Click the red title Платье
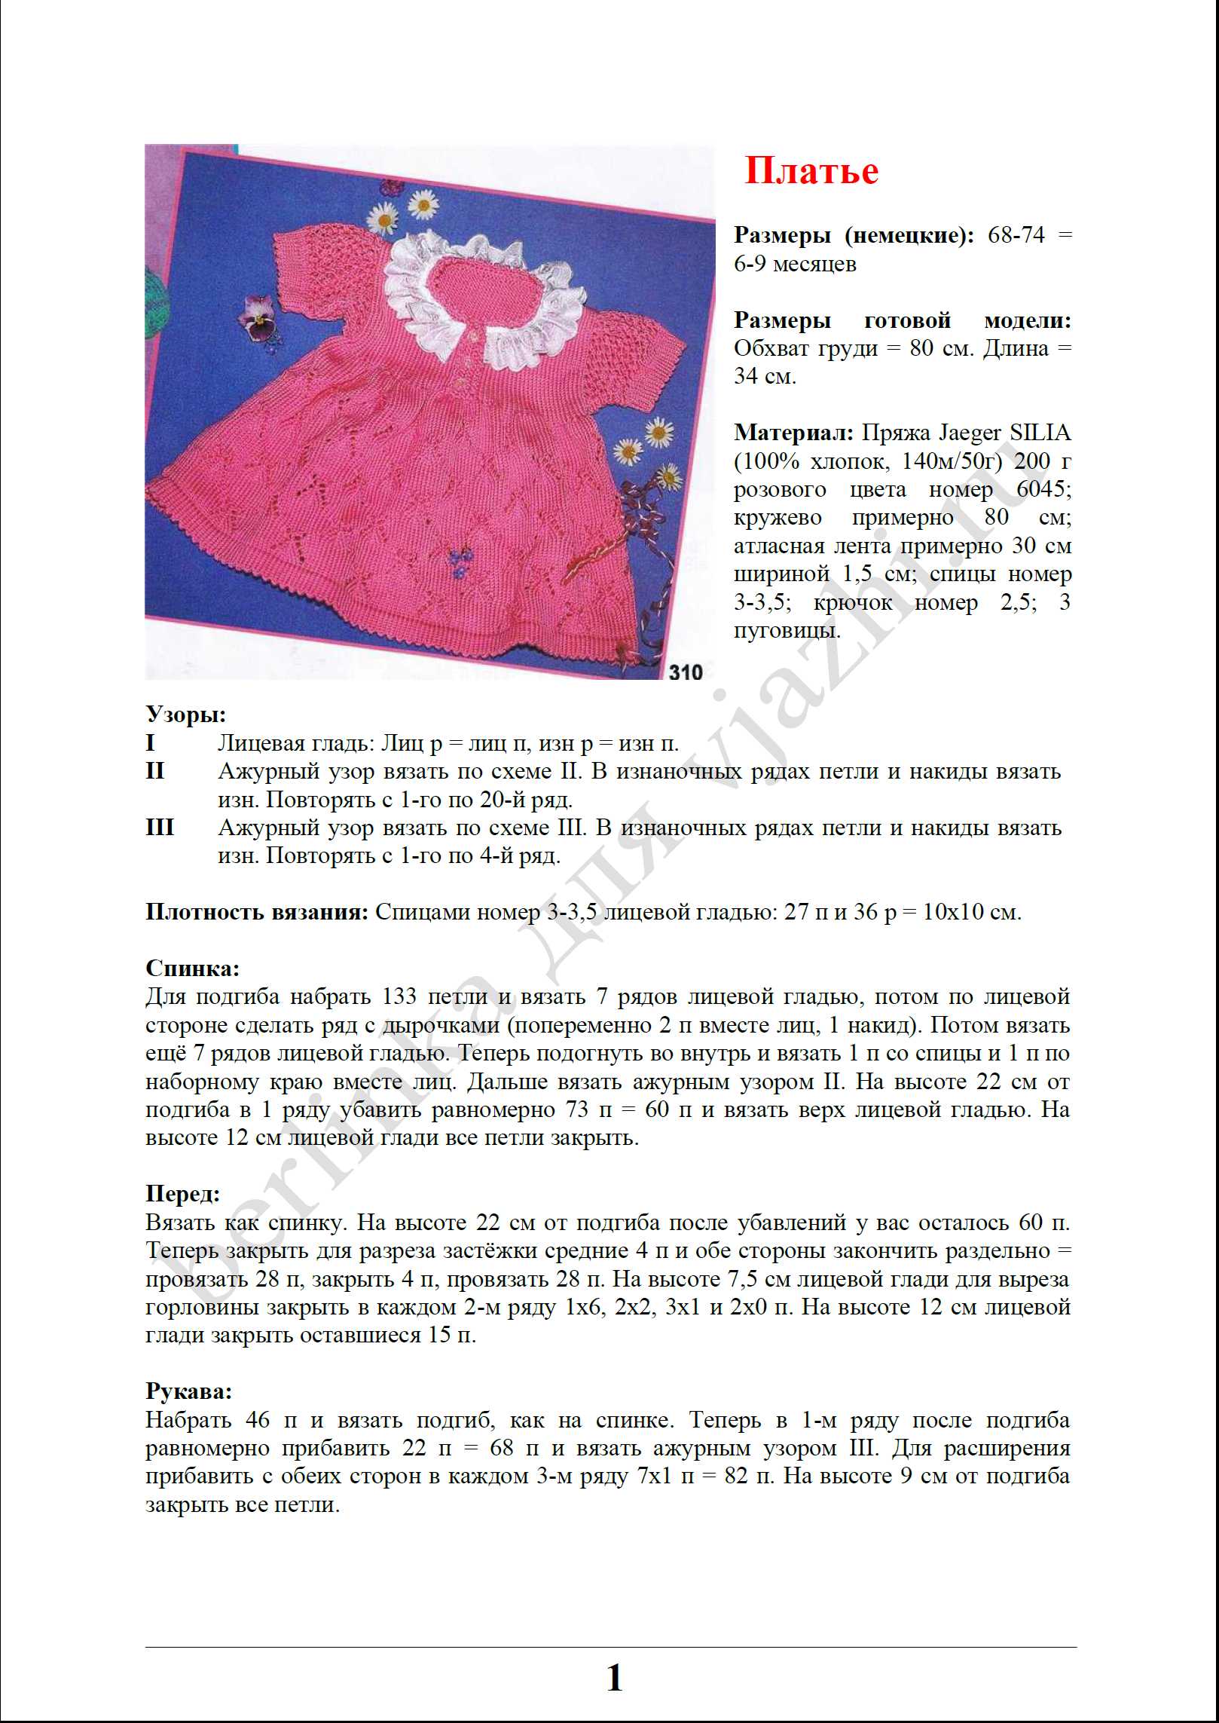pos(811,170)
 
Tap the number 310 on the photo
pos(685,672)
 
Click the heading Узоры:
pos(185,714)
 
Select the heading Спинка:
pos(192,968)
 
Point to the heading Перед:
pos(183,1193)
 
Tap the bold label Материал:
pos(793,433)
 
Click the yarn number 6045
pos(1043,489)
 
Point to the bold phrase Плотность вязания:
pos(257,912)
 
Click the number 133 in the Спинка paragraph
pos(399,996)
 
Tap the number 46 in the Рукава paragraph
pos(258,1420)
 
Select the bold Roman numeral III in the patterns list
pos(160,828)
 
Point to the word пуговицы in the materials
pos(787,630)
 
